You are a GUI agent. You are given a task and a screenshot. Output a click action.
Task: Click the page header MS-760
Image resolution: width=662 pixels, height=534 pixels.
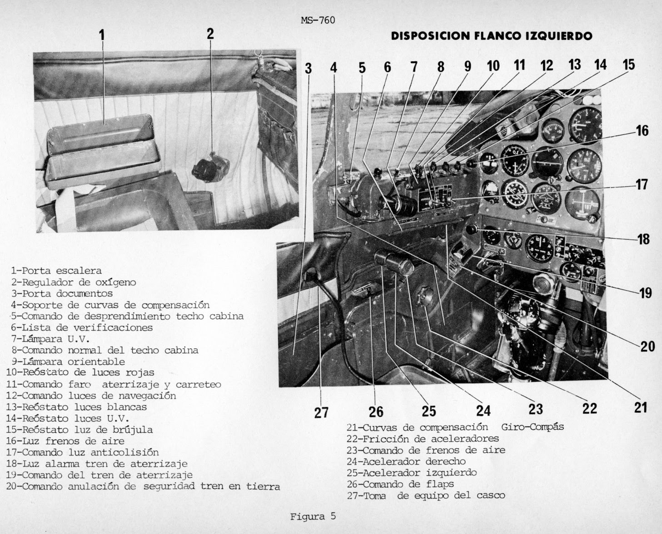[x=318, y=20]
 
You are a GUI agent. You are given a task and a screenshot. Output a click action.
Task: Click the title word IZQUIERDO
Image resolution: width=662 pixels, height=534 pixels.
[x=558, y=36]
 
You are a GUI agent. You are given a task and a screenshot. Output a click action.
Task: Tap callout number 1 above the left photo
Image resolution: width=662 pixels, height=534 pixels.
[x=102, y=34]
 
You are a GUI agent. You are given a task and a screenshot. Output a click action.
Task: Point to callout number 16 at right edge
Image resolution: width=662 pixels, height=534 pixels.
[x=642, y=131]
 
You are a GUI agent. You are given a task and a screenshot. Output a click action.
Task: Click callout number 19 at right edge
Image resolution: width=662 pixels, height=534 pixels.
[x=645, y=293]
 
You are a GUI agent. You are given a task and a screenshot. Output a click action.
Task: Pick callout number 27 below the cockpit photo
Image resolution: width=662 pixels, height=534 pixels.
[x=321, y=412]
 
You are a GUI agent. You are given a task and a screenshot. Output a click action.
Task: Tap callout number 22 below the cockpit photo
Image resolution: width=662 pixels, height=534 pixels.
[x=589, y=408]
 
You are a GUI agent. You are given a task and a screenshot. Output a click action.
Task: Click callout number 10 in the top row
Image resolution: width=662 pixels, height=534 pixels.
[x=493, y=66]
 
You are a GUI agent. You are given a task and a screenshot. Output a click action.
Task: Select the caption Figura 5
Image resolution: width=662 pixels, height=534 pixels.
[x=313, y=516]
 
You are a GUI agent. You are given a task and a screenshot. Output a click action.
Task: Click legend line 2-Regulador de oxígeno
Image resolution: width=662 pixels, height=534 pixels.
[x=74, y=282]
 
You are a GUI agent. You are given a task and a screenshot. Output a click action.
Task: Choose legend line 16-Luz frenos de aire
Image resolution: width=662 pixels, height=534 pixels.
[x=65, y=441]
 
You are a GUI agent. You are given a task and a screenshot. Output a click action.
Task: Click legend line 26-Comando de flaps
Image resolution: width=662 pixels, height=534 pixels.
[x=400, y=484]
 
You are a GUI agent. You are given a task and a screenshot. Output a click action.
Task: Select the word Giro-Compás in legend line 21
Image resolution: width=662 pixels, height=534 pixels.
[x=532, y=427]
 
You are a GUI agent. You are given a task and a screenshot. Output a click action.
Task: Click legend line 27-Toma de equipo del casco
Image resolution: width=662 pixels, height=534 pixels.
[x=426, y=495]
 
